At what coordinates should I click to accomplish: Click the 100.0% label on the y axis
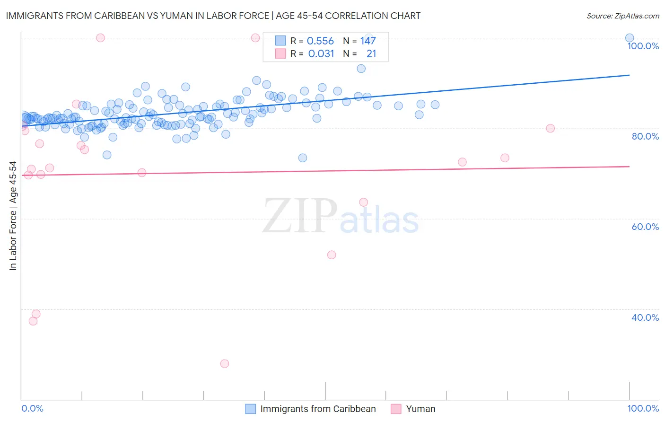tap(643, 46)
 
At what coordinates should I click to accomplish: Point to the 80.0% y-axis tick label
tap(645, 136)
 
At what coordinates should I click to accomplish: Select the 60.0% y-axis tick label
tap(645, 227)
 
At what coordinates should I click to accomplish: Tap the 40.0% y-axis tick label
tap(645, 317)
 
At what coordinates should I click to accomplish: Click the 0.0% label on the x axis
tap(32, 408)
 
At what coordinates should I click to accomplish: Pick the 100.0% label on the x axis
tap(643, 408)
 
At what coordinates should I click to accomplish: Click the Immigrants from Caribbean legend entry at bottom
tap(318, 409)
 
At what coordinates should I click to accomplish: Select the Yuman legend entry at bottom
tap(420, 409)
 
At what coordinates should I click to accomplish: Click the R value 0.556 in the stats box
tap(320, 41)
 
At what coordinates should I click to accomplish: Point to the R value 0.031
tap(321, 54)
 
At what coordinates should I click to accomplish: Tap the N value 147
tap(368, 41)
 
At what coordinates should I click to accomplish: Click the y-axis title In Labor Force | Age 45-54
tap(13, 216)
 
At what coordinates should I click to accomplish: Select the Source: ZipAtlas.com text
tap(622, 16)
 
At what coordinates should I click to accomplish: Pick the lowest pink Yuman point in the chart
tap(225, 364)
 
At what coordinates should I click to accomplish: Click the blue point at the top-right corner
tap(630, 38)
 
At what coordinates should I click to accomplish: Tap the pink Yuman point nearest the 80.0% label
tap(550, 128)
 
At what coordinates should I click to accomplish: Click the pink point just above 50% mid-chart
tap(332, 255)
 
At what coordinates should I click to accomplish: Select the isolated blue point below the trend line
tap(303, 158)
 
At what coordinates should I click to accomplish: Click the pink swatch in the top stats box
tap(280, 53)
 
